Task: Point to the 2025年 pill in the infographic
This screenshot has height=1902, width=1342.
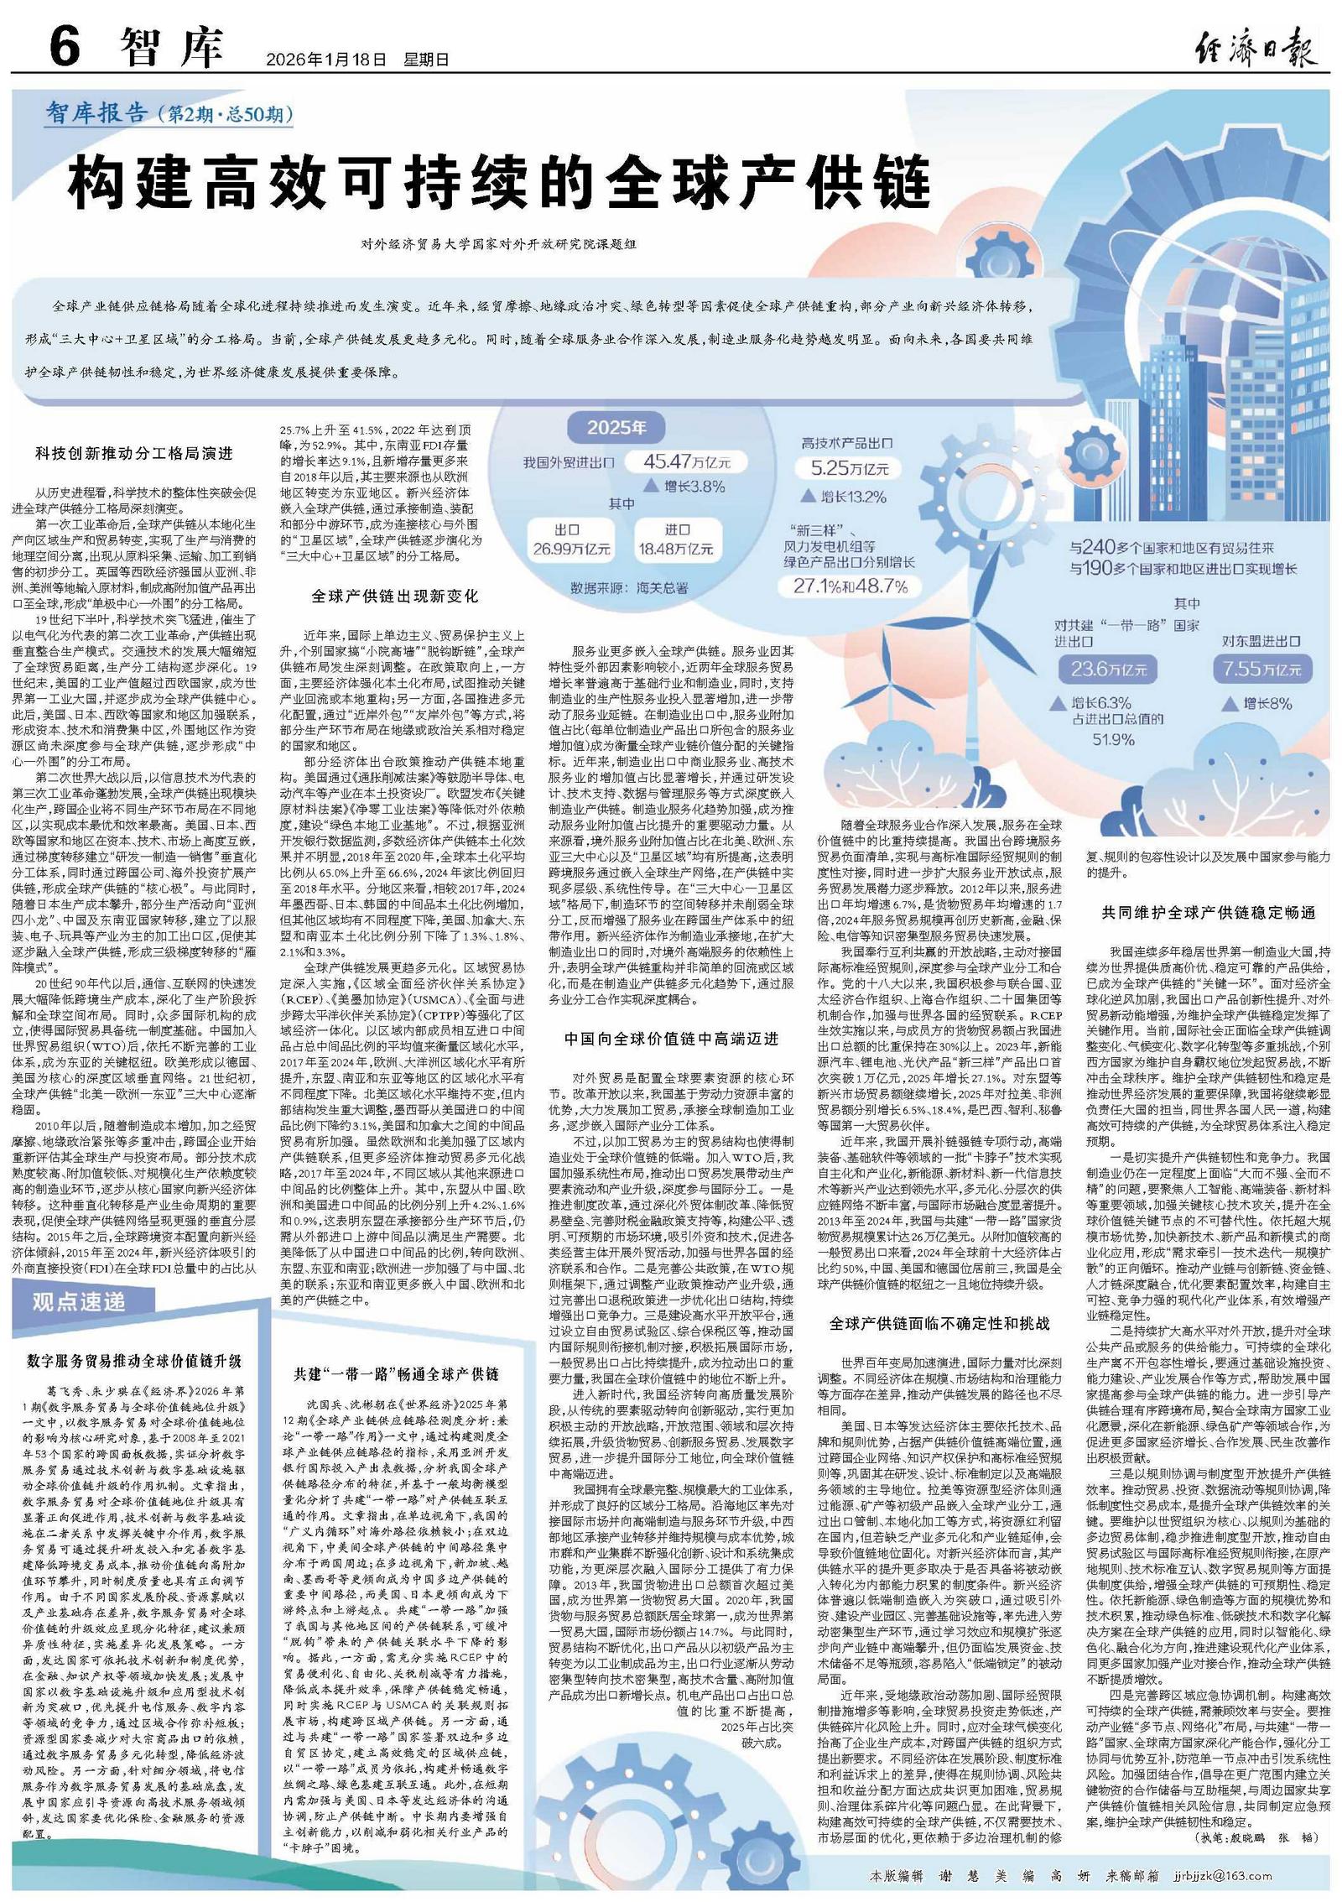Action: [x=616, y=428]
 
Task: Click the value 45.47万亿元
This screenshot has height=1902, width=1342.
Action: [x=687, y=461]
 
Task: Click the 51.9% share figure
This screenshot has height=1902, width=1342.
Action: [x=1113, y=739]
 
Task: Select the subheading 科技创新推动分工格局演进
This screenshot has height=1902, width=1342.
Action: [x=134, y=453]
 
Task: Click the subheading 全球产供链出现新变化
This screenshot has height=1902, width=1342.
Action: [x=394, y=596]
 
